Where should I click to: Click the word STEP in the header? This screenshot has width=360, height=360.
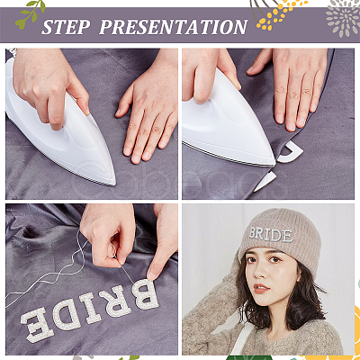pos(66,27)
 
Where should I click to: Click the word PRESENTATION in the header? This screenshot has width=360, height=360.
pos(174,27)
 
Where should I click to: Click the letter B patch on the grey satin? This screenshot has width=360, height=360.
pos(145,294)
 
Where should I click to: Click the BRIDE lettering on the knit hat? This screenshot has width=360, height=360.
pos(271,234)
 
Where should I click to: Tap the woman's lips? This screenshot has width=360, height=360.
pos(261,288)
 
